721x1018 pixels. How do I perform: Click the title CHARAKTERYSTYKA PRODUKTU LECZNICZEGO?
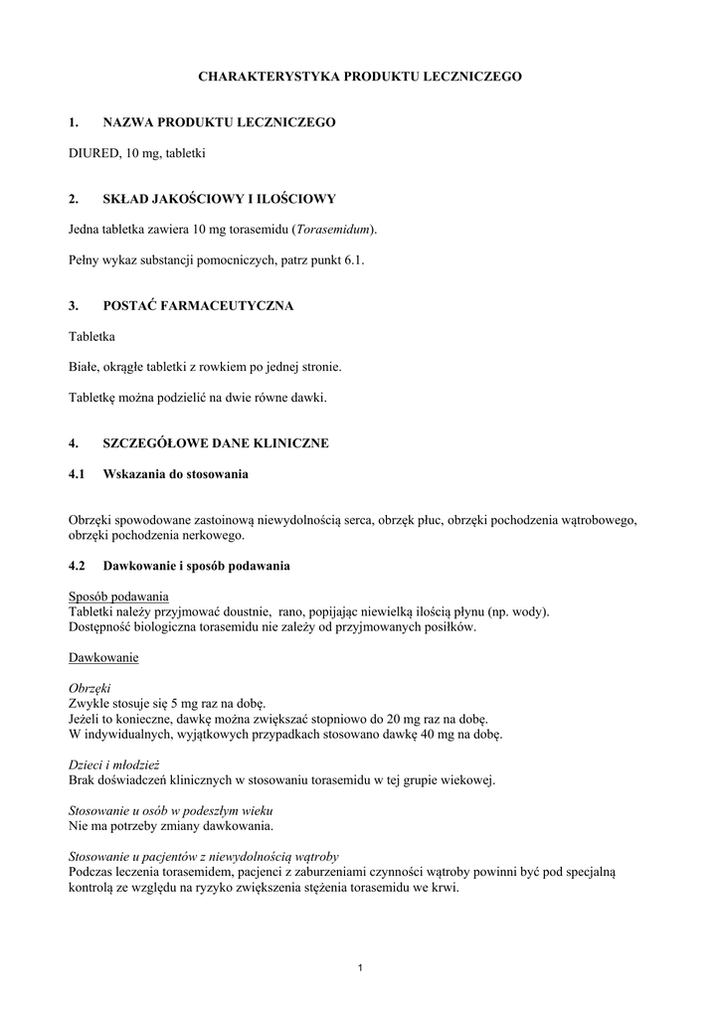point(360,76)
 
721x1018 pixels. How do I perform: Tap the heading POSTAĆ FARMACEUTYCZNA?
point(198,305)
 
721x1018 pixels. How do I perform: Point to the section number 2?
point(73,199)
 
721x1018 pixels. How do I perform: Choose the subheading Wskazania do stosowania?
point(175,473)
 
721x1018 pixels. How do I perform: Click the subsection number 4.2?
point(78,566)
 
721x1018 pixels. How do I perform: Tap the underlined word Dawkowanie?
point(103,657)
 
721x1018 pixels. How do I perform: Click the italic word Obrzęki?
point(90,688)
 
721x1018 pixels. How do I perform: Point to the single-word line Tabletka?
point(92,337)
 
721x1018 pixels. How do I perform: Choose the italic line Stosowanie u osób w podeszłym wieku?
point(171,810)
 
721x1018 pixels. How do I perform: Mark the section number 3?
point(73,305)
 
